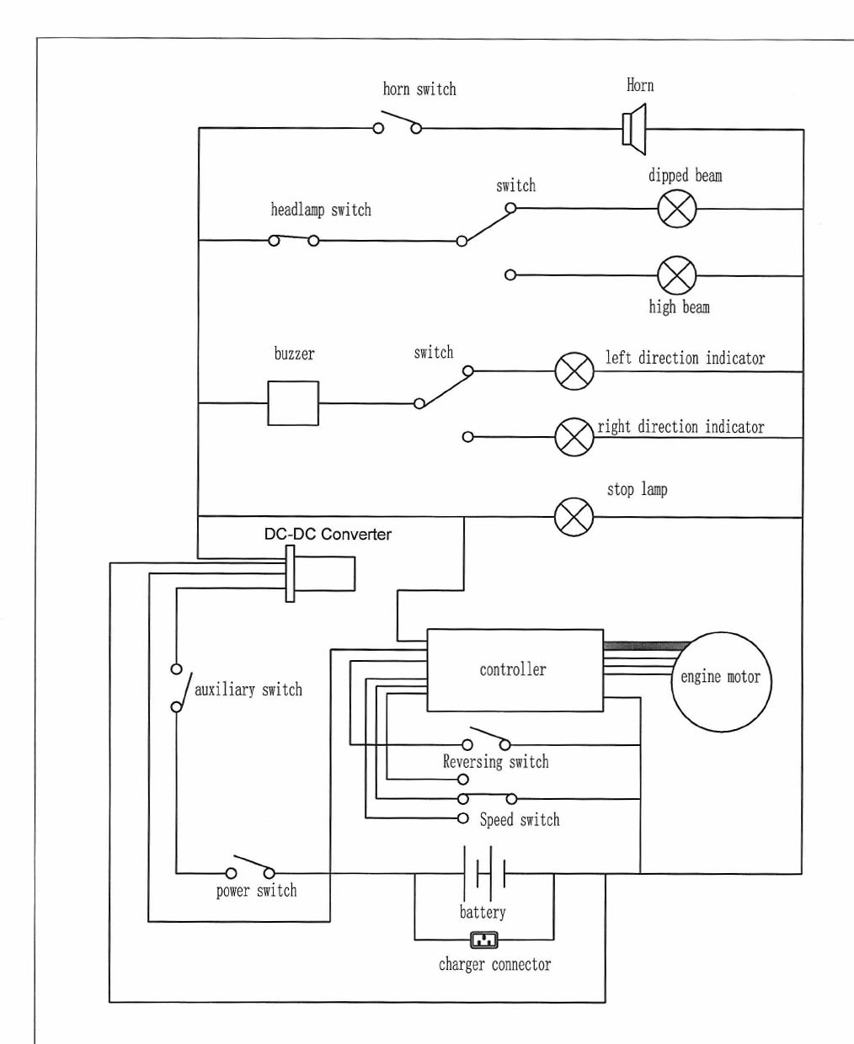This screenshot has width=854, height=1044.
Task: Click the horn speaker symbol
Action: point(634,129)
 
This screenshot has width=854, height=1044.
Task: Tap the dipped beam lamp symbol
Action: point(677,209)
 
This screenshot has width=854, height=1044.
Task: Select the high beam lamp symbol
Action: point(677,275)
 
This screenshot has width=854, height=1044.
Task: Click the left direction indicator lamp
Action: point(574,371)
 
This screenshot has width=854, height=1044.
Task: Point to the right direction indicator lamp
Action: point(574,437)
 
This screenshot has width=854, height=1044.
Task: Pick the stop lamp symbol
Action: point(574,516)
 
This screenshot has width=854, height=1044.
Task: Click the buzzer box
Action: point(293,403)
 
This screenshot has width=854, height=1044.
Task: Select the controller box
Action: point(515,670)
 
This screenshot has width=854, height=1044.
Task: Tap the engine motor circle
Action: point(721,681)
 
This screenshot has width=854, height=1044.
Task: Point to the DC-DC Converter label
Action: point(328,534)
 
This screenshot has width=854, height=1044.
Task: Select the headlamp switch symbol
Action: point(293,240)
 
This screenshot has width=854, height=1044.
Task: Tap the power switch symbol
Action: point(250,868)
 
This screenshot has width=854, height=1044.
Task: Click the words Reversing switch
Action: point(495,762)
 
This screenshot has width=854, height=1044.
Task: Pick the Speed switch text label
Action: point(520,819)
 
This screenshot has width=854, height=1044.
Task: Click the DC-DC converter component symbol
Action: point(320,573)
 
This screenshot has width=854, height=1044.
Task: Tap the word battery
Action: point(483,912)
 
